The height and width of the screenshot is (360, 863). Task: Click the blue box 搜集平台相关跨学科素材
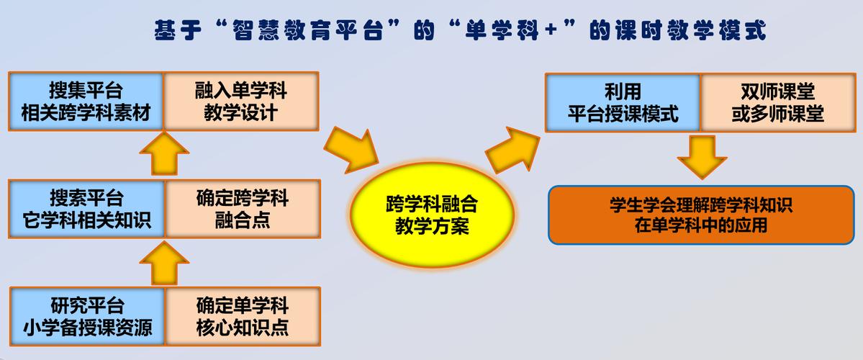click(86, 102)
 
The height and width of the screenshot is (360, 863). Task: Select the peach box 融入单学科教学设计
click(241, 102)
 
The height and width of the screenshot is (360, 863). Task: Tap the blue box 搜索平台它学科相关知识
click(86, 209)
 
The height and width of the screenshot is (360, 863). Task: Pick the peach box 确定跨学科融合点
click(242, 209)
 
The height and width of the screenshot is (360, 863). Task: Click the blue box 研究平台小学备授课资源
click(87, 316)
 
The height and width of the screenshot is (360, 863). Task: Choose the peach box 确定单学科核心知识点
click(243, 316)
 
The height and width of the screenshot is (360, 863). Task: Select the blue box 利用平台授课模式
click(623, 102)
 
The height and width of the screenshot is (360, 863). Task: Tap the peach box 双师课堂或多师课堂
click(777, 102)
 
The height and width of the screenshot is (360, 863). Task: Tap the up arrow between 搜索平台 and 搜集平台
click(164, 153)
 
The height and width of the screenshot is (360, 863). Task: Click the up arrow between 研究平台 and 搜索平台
click(164, 263)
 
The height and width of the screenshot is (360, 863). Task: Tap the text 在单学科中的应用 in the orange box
click(700, 225)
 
